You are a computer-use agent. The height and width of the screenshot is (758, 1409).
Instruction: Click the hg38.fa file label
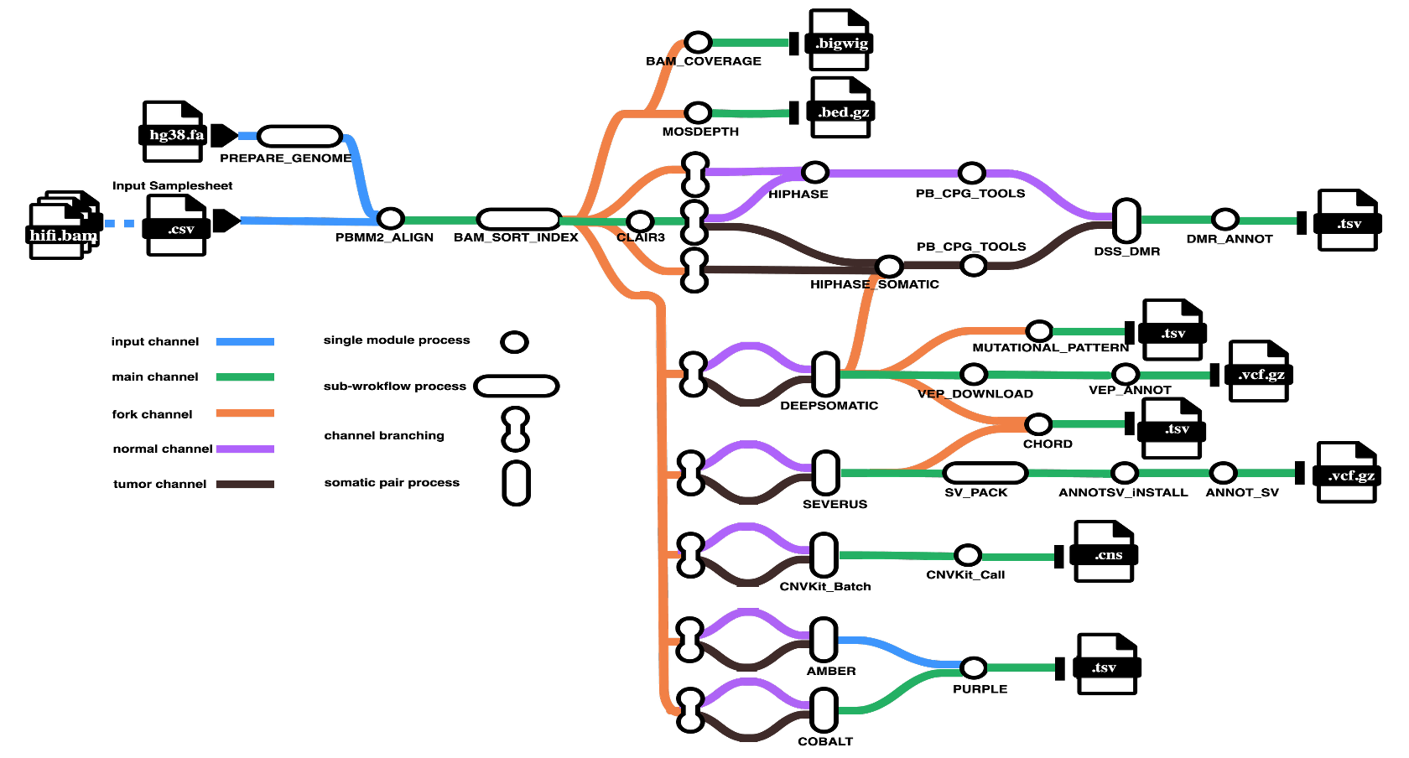click(176, 135)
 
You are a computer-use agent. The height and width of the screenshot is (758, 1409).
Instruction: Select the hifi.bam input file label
click(63, 236)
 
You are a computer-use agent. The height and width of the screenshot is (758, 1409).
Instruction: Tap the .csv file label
click(180, 229)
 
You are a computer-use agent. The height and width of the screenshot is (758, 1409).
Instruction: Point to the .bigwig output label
click(842, 44)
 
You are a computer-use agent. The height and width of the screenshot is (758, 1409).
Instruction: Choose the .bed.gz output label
click(843, 112)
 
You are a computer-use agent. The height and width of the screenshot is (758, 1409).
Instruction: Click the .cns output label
click(1108, 555)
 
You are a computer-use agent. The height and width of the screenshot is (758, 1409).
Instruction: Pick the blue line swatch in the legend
click(245, 342)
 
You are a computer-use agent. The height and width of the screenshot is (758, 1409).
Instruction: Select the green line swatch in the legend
click(245, 377)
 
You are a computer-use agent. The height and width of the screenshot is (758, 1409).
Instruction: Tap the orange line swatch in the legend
click(245, 413)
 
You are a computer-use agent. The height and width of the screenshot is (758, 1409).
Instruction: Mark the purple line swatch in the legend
click(245, 449)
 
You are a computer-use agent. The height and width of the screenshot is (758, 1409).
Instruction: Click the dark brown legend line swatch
click(245, 485)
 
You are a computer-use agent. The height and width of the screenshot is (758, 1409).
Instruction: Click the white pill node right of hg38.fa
click(299, 137)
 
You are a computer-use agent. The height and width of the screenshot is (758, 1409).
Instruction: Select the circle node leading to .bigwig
click(698, 43)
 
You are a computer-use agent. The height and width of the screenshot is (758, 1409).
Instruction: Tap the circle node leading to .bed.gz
click(698, 113)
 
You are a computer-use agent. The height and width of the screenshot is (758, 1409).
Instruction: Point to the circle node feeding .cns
click(968, 555)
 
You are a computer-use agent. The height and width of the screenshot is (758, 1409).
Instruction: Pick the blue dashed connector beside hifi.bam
click(119, 224)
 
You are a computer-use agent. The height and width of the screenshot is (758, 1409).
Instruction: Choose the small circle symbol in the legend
click(515, 342)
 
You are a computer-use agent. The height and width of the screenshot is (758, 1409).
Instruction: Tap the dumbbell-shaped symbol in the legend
click(516, 429)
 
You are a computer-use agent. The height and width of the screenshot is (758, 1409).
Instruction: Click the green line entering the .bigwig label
click(751, 43)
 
